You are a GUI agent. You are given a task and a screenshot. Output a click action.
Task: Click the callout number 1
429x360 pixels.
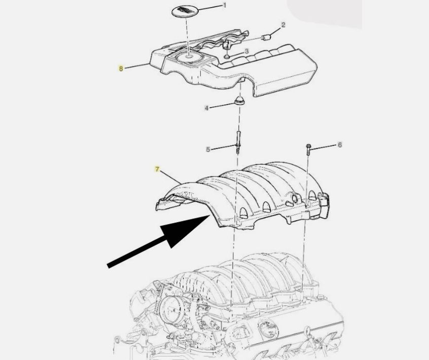click(225, 5)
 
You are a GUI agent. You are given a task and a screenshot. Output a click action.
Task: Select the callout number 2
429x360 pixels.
click(283, 25)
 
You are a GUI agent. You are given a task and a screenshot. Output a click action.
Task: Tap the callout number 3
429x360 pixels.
click(246, 51)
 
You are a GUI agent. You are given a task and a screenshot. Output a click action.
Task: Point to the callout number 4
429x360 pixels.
click(207, 109)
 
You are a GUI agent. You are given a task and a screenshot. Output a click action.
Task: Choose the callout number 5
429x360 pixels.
click(208, 150)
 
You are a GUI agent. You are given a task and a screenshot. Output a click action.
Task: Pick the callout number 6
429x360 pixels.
click(340, 145)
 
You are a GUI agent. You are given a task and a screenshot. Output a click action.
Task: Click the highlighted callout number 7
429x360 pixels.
click(157, 169)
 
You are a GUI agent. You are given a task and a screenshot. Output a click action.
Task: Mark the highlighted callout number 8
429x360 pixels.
click(121, 68)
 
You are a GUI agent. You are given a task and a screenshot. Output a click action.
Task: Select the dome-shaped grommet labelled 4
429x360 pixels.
click(240, 100)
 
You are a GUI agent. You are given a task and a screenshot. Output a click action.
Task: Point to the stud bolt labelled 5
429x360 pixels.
click(238, 142)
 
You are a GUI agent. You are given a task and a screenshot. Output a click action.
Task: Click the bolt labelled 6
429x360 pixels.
click(308, 150)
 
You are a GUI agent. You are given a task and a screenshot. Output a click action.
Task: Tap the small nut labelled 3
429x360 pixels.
click(227, 57)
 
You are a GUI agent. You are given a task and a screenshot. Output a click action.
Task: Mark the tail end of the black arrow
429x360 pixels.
click(109, 265)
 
